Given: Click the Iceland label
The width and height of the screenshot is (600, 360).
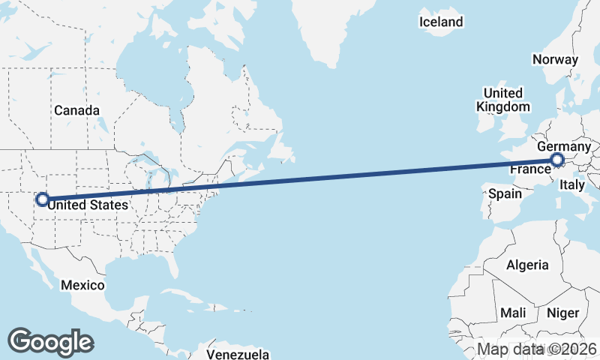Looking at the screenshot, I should tap(441, 22).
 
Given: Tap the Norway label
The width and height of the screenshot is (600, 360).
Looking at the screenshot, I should tap(555, 59).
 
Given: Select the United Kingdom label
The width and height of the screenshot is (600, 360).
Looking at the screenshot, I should tap(502, 100).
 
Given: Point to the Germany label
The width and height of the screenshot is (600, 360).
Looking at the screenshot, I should tap(564, 146).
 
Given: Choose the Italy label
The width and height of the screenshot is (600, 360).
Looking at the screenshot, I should tap(573, 184).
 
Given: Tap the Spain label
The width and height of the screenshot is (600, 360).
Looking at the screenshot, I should tap(505, 193).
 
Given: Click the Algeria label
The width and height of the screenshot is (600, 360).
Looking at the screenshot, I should tap(527, 265).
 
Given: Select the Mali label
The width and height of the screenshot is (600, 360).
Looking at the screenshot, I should tap(513, 312).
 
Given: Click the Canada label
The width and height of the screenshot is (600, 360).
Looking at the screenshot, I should tap(76, 110).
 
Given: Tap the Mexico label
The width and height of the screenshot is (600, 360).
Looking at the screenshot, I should tap(82, 285).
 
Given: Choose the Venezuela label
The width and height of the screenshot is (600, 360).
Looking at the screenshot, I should tap(238, 353).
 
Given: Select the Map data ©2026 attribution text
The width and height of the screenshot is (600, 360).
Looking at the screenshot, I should tap(537, 349).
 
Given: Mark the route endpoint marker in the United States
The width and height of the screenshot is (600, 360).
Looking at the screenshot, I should tap(43, 199).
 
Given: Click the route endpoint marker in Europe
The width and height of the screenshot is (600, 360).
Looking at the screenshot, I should tap(557, 160).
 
